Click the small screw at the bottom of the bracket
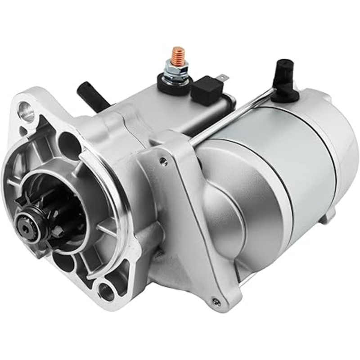[217, 301]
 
